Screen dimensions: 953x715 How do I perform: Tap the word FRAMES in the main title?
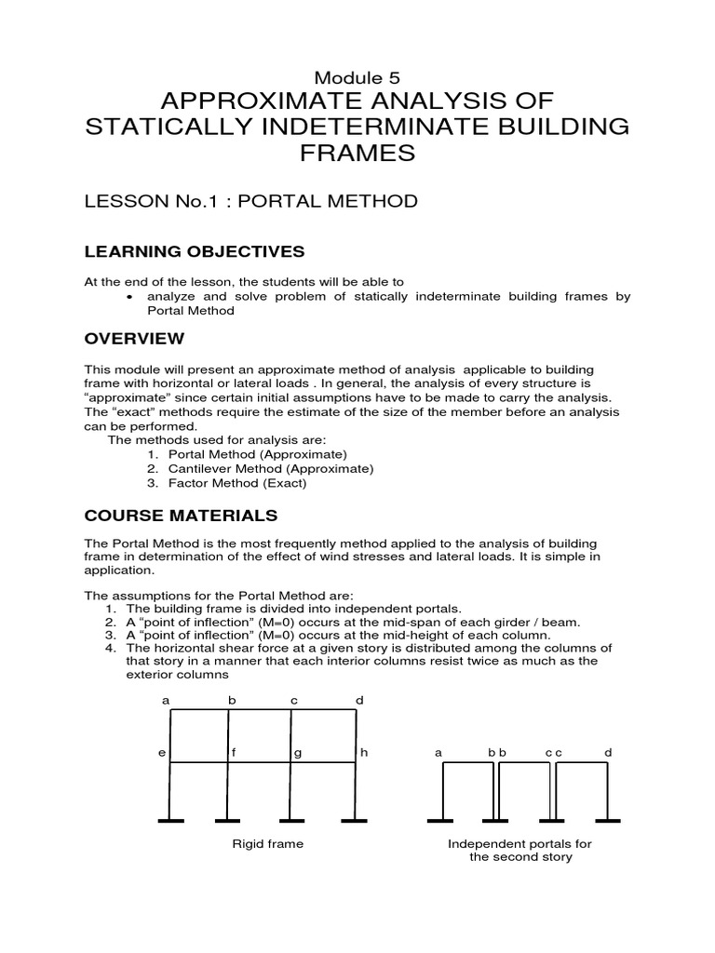(x=357, y=153)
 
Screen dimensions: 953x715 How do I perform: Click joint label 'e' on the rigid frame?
(x=160, y=752)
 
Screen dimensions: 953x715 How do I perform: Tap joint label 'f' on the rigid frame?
(x=235, y=752)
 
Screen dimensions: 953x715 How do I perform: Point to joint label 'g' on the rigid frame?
(x=299, y=752)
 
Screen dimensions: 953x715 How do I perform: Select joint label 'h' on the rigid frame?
(x=365, y=752)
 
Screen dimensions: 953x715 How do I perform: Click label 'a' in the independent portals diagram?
(x=438, y=752)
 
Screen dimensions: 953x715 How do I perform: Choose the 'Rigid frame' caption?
(x=267, y=844)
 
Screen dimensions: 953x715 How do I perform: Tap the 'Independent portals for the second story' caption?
(x=520, y=851)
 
